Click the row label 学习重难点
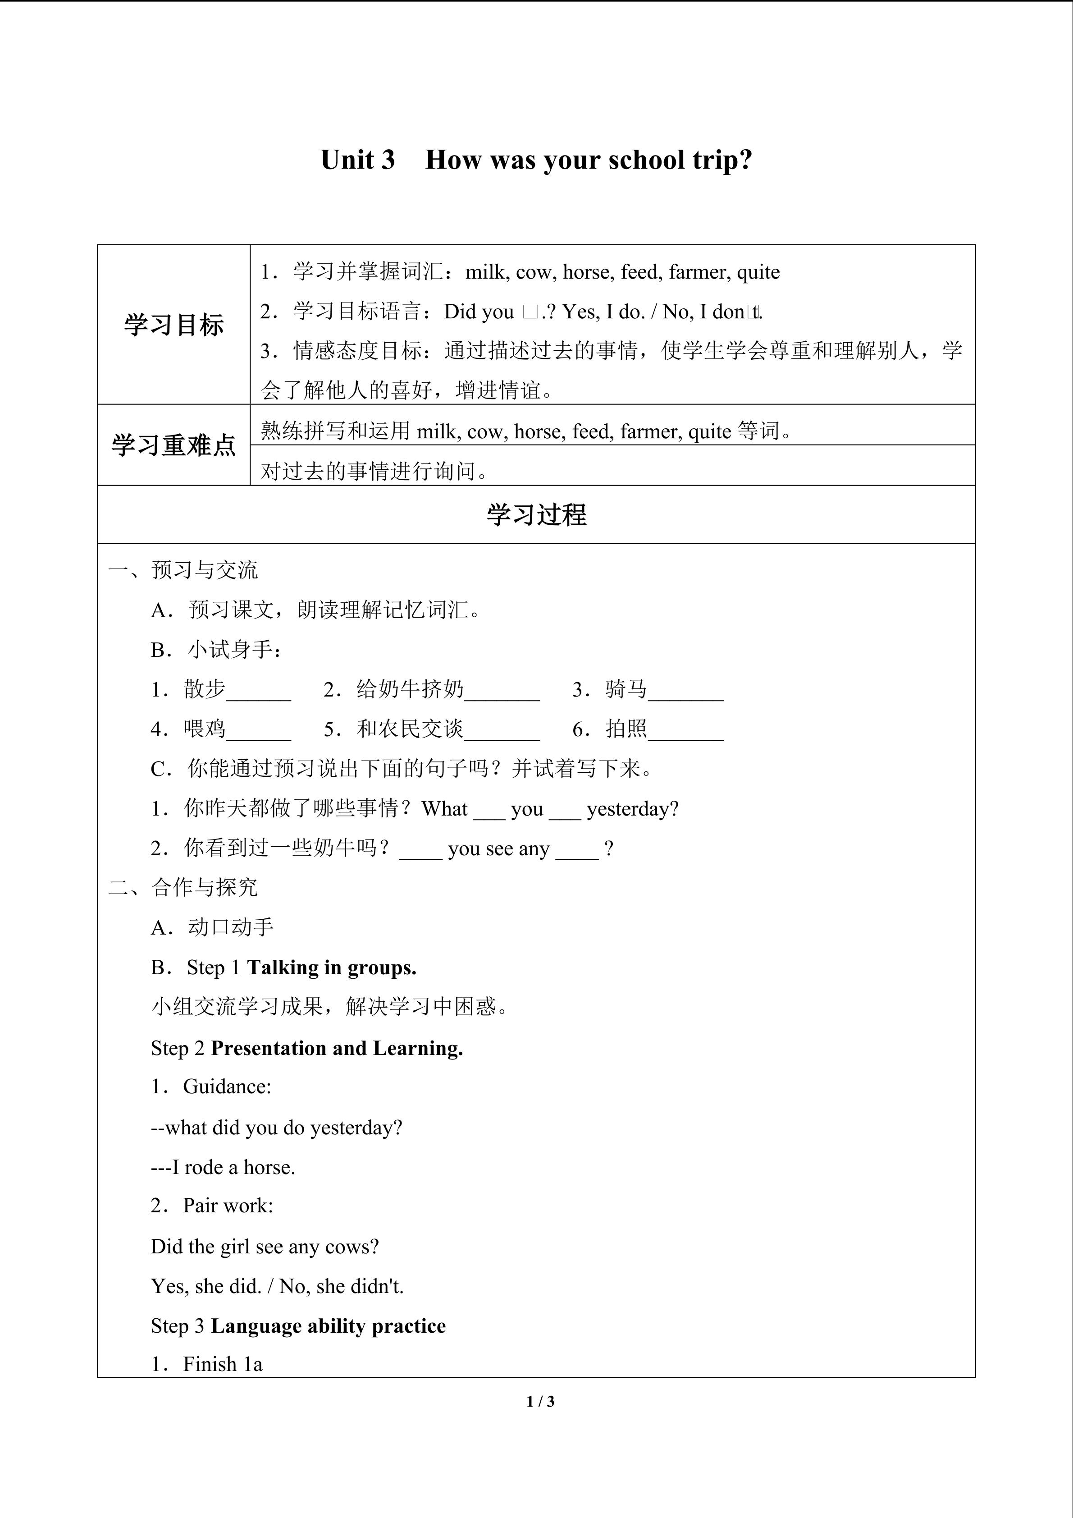tap(174, 445)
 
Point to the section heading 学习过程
tap(536, 515)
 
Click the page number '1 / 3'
tap(540, 1401)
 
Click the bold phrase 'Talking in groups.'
tap(332, 968)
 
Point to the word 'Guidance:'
tap(227, 1087)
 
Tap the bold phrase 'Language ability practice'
tap(329, 1325)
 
